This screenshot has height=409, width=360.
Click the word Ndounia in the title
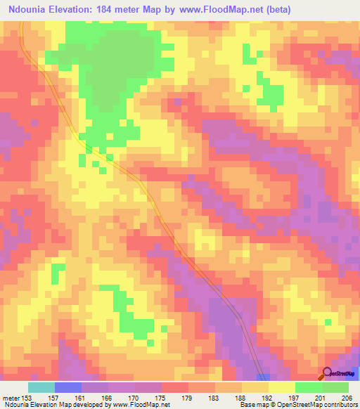27,10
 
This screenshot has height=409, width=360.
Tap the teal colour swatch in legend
41,387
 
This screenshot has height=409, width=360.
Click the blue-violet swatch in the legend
68,387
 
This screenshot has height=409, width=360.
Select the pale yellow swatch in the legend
281,387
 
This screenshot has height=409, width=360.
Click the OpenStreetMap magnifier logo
327,374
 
